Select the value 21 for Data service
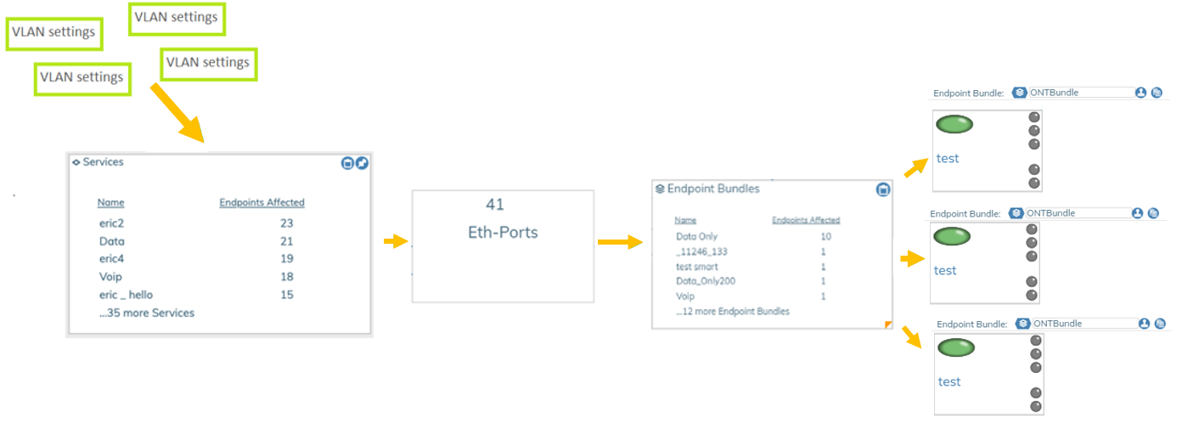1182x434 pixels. click(286, 241)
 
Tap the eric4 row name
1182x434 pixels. click(113, 259)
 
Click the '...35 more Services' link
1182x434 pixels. click(146, 313)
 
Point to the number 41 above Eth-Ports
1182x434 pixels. click(494, 205)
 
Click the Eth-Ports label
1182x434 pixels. click(503, 232)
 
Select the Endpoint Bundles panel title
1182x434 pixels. click(712, 189)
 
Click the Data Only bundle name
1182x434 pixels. click(696, 236)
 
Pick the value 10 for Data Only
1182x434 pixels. click(825, 236)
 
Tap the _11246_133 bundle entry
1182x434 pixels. click(701, 251)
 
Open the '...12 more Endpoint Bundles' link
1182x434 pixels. click(732, 311)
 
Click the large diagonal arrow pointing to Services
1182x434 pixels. click(177, 112)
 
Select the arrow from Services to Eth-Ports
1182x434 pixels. click(396, 242)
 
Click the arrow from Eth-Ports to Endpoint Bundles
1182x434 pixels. click(619, 243)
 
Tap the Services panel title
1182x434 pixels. click(103, 161)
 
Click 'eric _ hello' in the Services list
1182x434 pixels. click(126, 295)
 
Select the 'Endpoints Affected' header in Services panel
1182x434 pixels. click(262, 202)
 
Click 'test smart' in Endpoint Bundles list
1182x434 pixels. click(696, 267)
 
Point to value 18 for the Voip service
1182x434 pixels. click(286, 277)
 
